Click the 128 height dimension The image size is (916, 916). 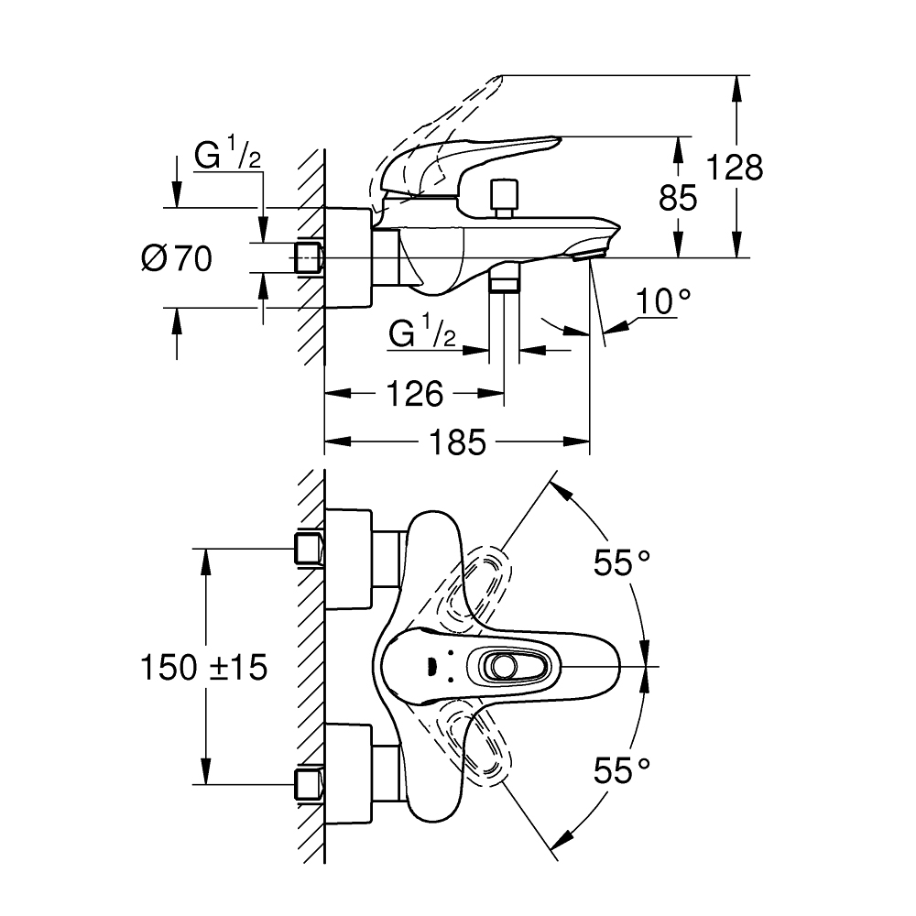tap(734, 168)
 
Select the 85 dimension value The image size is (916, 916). tap(678, 198)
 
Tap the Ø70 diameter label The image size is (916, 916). tap(177, 259)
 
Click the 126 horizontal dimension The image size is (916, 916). tap(414, 394)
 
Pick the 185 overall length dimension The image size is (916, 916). tap(457, 443)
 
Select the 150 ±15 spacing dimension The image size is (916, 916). tap(203, 667)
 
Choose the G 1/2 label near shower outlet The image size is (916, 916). tap(422, 334)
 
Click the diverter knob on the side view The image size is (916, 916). tap(501, 197)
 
